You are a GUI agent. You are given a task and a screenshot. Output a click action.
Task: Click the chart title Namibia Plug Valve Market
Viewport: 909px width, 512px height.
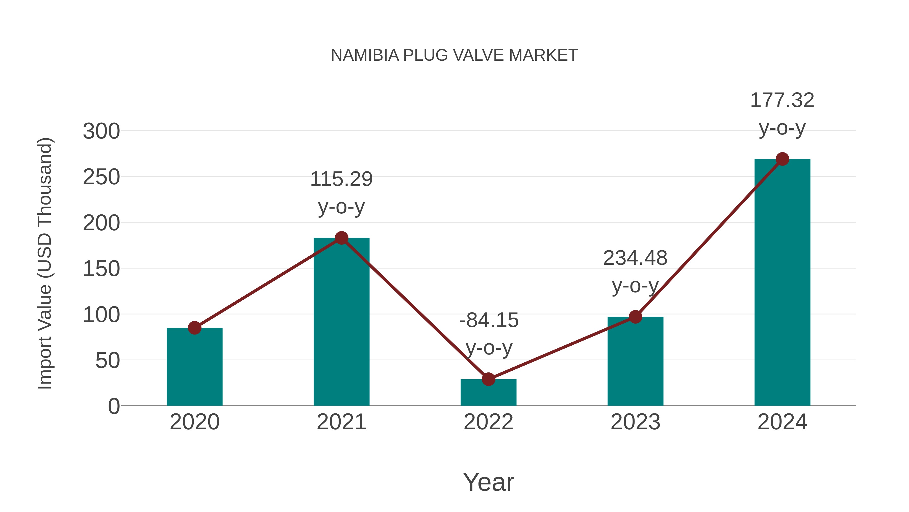click(454, 55)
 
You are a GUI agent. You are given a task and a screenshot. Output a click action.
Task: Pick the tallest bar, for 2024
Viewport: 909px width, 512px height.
click(782, 283)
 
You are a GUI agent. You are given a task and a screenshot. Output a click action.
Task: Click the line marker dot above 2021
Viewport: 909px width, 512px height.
click(341, 238)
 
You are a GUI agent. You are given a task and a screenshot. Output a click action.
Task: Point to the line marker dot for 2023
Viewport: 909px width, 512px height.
click(635, 317)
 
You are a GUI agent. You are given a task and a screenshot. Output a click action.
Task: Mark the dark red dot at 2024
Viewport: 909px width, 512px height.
click(782, 159)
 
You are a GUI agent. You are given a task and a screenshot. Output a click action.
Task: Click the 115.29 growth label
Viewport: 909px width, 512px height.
click(341, 179)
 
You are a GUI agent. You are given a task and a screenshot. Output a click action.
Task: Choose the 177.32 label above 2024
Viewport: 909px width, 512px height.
click(782, 100)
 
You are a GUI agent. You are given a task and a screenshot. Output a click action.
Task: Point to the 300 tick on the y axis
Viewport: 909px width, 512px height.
click(101, 131)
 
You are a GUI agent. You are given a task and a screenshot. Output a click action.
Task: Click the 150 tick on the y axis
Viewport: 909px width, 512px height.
click(101, 269)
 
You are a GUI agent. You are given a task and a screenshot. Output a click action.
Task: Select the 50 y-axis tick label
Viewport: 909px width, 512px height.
click(108, 361)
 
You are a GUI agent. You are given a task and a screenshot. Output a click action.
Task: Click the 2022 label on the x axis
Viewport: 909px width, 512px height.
click(488, 422)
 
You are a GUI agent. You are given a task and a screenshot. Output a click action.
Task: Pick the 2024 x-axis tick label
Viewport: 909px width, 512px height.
click(782, 422)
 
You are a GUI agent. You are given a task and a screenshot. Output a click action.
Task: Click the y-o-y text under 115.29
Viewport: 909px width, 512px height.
click(341, 207)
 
